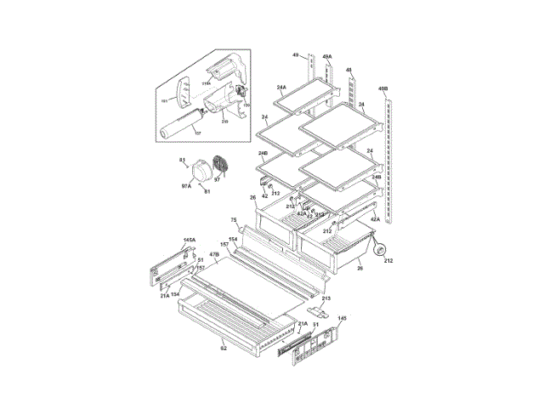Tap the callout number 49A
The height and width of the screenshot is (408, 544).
pyautogui.click(x=326, y=57)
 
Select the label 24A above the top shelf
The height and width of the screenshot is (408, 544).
pyautogui.click(x=281, y=87)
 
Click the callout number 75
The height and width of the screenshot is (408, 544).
pyautogui.click(x=234, y=220)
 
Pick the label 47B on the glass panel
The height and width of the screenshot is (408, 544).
pyautogui.click(x=215, y=253)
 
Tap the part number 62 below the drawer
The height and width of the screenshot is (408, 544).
pyautogui.click(x=224, y=348)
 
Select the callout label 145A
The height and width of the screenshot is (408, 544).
pyautogui.click(x=189, y=241)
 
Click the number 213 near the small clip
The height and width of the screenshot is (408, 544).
pyautogui.click(x=326, y=298)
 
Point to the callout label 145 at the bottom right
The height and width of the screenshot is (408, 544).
pyautogui.click(x=342, y=319)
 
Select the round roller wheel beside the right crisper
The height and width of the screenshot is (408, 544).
pyautogui.click(x=381, y=248)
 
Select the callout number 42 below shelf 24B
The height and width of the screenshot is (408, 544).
pyautogui.click(x=264, y=196)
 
